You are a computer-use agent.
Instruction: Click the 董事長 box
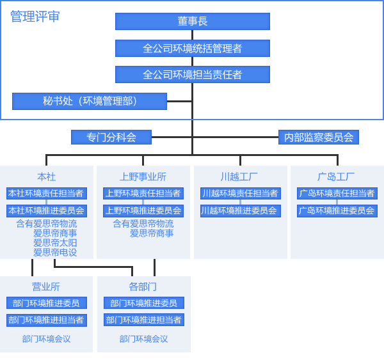192,21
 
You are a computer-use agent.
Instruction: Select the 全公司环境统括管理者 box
192,48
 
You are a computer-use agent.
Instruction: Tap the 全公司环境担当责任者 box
192,74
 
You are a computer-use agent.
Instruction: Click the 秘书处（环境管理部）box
90,101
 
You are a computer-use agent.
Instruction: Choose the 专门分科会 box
111,137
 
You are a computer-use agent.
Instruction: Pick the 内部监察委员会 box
319,137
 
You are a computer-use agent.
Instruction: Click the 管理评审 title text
35,17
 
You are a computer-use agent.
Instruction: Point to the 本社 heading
47,176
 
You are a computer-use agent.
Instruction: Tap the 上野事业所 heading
143,176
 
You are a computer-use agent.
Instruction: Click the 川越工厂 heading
239,176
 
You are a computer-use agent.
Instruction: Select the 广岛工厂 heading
336,176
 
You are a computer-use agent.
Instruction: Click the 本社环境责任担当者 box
46,193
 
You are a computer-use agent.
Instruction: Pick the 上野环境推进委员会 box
143,210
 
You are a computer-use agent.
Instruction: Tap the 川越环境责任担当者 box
240,193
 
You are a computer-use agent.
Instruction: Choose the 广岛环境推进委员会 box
337,210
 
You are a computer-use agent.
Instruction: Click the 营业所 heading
46,286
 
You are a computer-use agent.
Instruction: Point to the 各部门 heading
143,286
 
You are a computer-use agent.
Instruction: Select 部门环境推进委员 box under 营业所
46,303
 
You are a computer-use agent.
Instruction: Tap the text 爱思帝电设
55,253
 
